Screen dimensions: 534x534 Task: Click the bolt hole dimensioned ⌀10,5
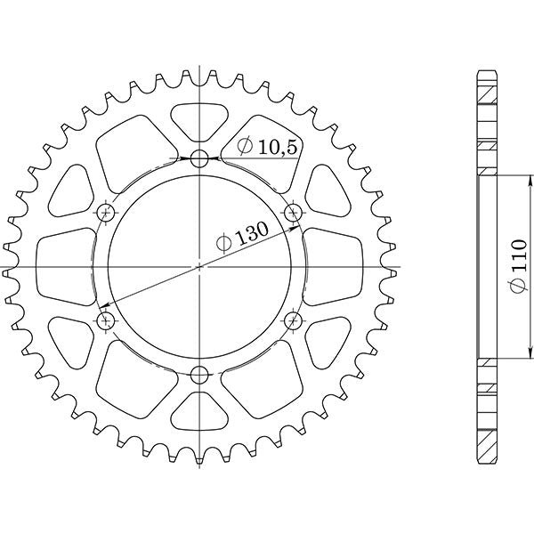(198, 160)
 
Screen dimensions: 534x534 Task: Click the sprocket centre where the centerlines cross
(198, 266)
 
